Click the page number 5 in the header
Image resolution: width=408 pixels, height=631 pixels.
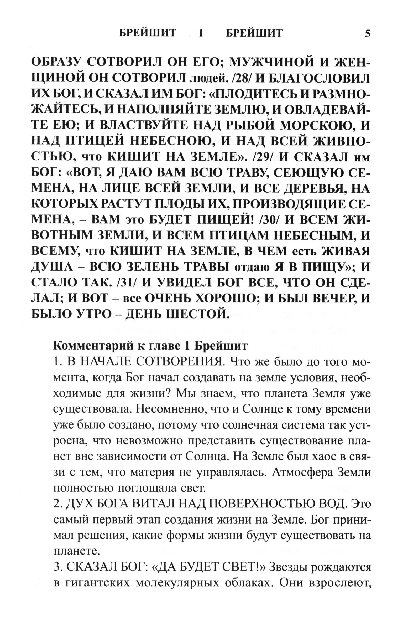coord(368,34)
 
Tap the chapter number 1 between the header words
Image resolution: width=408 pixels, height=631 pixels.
coord(201,33)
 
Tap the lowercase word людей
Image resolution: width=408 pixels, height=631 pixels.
coord(206,79)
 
